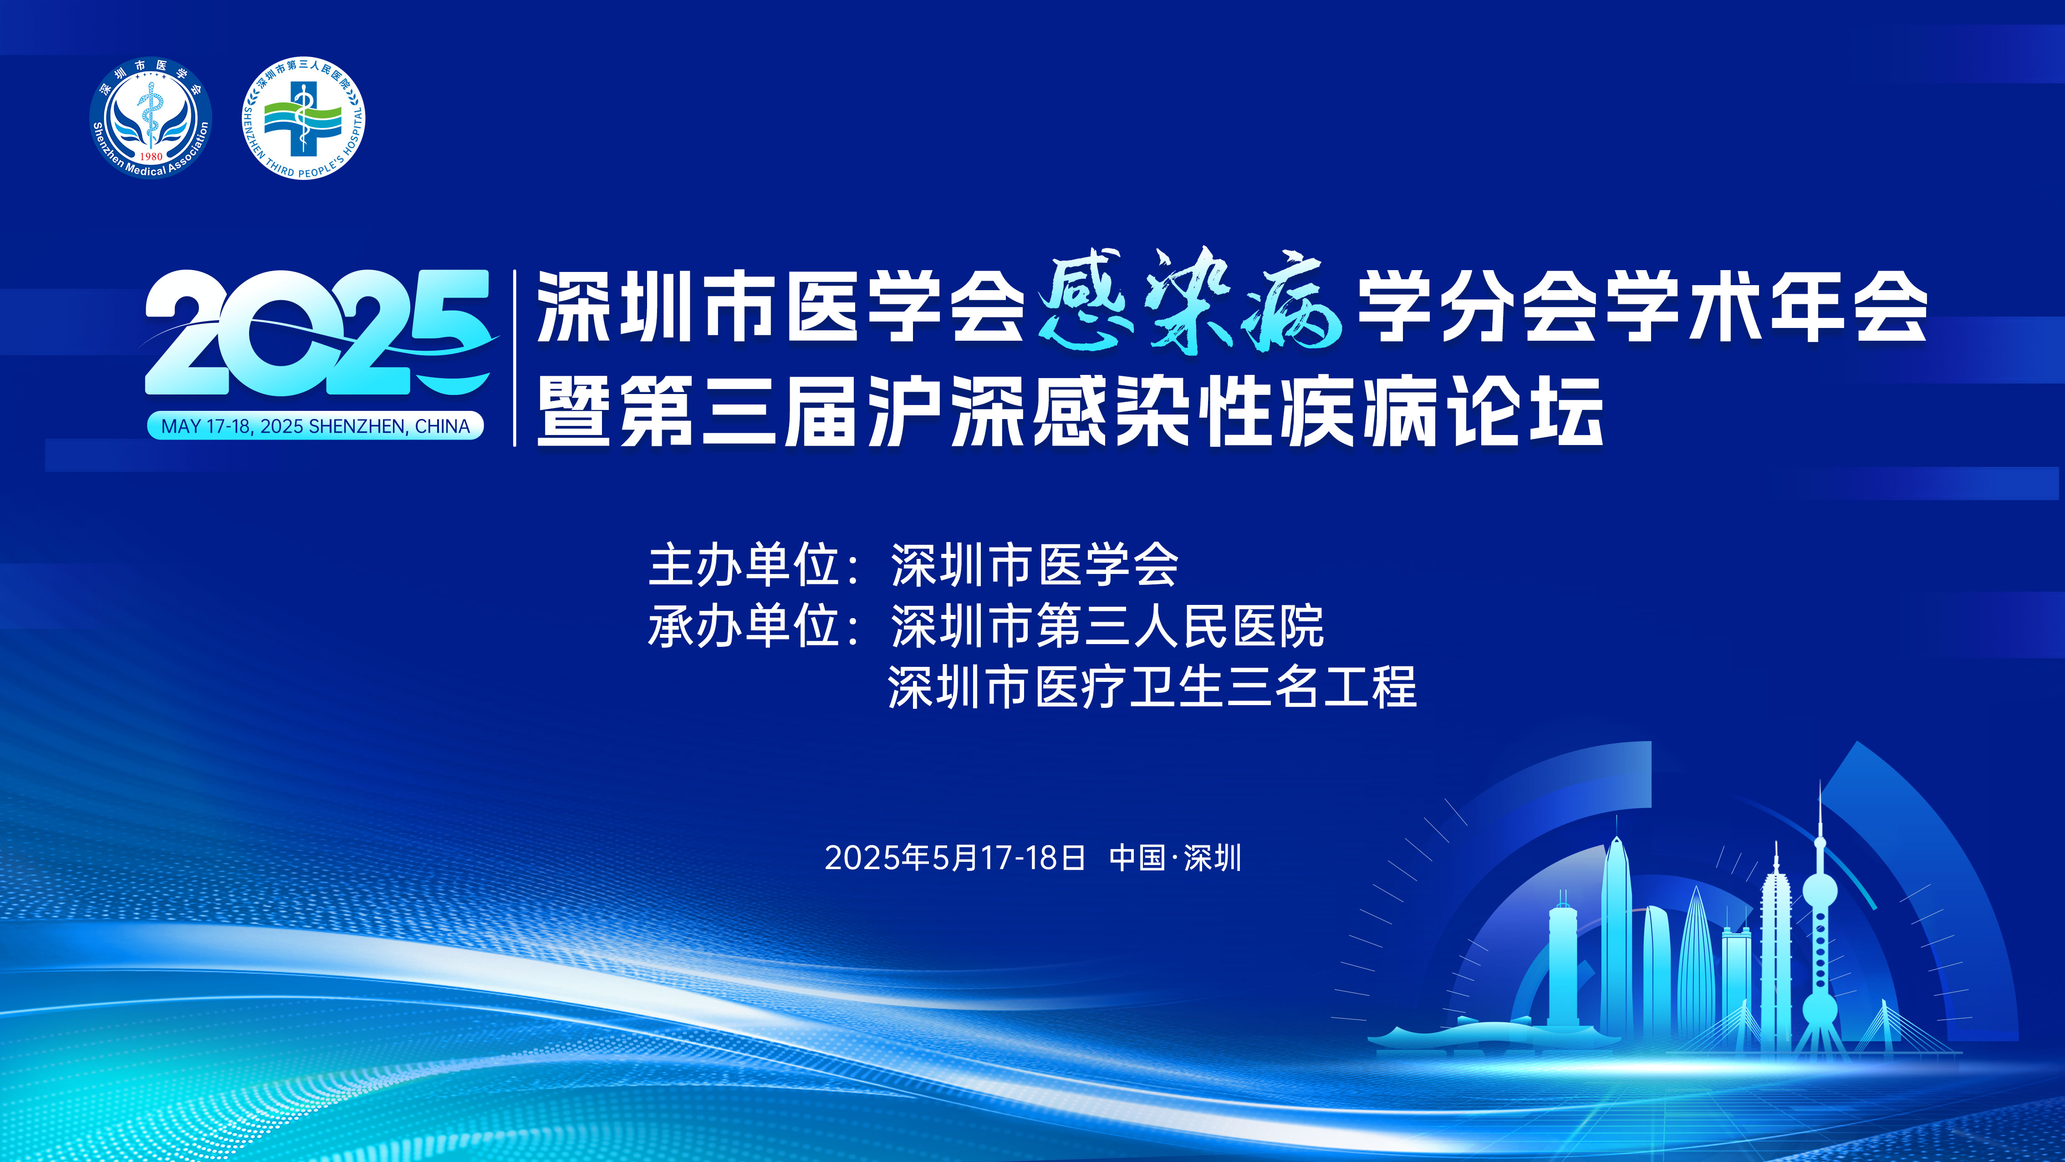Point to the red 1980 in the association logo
tap(151, 156)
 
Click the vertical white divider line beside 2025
tap(515, 358)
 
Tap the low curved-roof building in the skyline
tap(1443, 1036)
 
